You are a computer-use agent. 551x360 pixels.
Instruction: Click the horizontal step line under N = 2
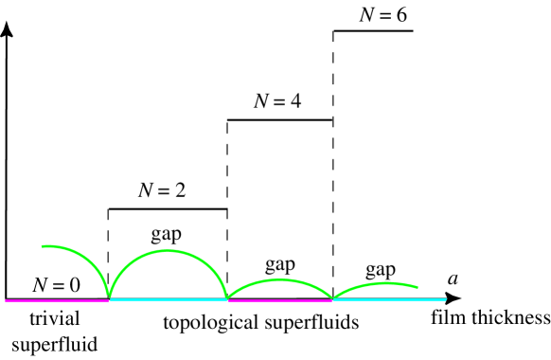pyautogui.click(x=168, y=208)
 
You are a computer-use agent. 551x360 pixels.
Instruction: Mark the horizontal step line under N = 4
pyautogui.click(x=280, y=119)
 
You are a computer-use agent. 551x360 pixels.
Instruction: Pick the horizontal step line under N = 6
pyautogui.click(x=373, y=31)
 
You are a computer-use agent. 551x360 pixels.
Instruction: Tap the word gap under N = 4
pyautogui.click(x=279, y=262)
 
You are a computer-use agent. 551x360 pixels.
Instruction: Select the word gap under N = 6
pyautogui.click(x=379, y=267)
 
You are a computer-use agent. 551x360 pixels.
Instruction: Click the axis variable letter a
pyautogui.click(x=453, y=278)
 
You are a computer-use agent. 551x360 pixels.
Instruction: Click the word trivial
pyautogui.click(x=53, y=317)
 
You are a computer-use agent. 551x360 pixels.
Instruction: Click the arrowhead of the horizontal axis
pyautogui.click(x=463, y=299)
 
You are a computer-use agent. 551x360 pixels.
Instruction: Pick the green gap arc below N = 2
pyautogui.click(x=168, y=250)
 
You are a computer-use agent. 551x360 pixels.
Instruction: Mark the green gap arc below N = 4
pyautogui.click(x=280, y=280)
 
